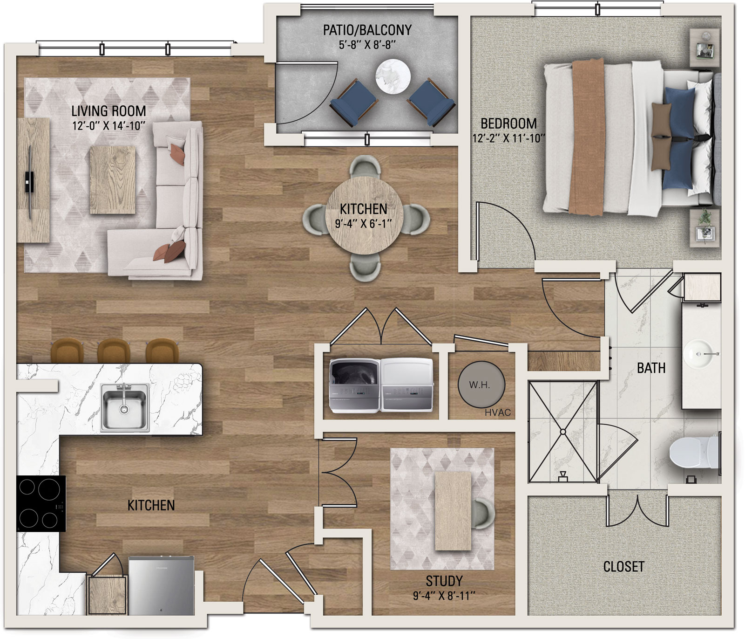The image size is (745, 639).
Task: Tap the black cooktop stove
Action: [x=41, y=503]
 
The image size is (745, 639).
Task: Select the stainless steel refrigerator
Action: [x=161, y=585]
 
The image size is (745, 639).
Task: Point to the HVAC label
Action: [x=497, y=412]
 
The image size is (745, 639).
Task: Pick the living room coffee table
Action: [x=113, y=180]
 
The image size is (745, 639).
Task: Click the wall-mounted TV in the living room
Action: [x=30, y=182]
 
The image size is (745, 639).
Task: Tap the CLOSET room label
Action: [x=623, y=567]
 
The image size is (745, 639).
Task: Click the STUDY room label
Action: [x=444, y=581]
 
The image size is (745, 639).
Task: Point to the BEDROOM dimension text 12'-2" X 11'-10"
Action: [x=508, y=138]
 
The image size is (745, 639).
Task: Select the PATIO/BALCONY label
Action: [x=367, y=30]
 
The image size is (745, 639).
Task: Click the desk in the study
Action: [x=453, y=511]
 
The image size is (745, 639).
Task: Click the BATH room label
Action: [x=651, y=368]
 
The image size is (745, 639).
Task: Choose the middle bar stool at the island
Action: [x=113, y=350]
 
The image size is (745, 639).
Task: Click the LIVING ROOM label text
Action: [x=108, y=111]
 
